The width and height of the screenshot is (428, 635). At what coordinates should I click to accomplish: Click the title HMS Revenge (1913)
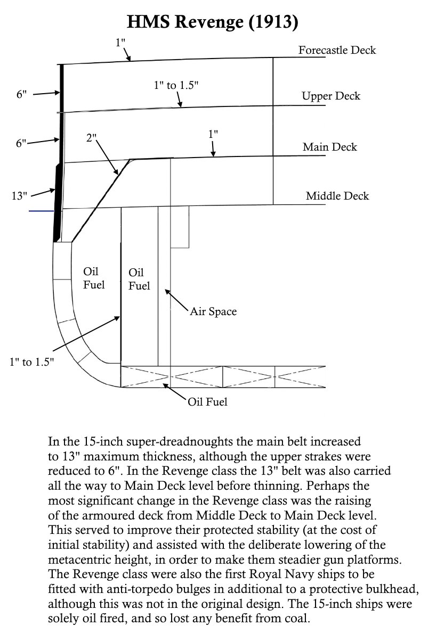213,23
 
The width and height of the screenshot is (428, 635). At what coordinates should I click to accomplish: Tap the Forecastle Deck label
337,51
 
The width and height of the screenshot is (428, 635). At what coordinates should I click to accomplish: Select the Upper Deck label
330,96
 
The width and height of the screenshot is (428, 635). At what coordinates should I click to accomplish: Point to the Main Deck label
329,147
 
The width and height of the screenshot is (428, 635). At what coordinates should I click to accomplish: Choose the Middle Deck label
337,196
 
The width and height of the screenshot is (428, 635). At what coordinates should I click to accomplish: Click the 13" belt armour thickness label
19,196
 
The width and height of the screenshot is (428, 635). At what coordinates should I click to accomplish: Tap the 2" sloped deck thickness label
91,137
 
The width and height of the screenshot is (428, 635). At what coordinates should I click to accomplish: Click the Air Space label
213,311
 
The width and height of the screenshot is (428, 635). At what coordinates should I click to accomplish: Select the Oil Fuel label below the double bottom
207,402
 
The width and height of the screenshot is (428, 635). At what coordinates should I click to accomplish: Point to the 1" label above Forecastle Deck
120,43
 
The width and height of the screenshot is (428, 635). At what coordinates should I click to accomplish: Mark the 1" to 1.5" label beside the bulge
31,362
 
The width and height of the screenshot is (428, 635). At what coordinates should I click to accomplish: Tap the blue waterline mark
42,211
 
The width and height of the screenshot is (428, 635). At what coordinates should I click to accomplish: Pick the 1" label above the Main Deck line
213,134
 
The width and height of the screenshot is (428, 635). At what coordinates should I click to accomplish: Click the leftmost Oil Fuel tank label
94,278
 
